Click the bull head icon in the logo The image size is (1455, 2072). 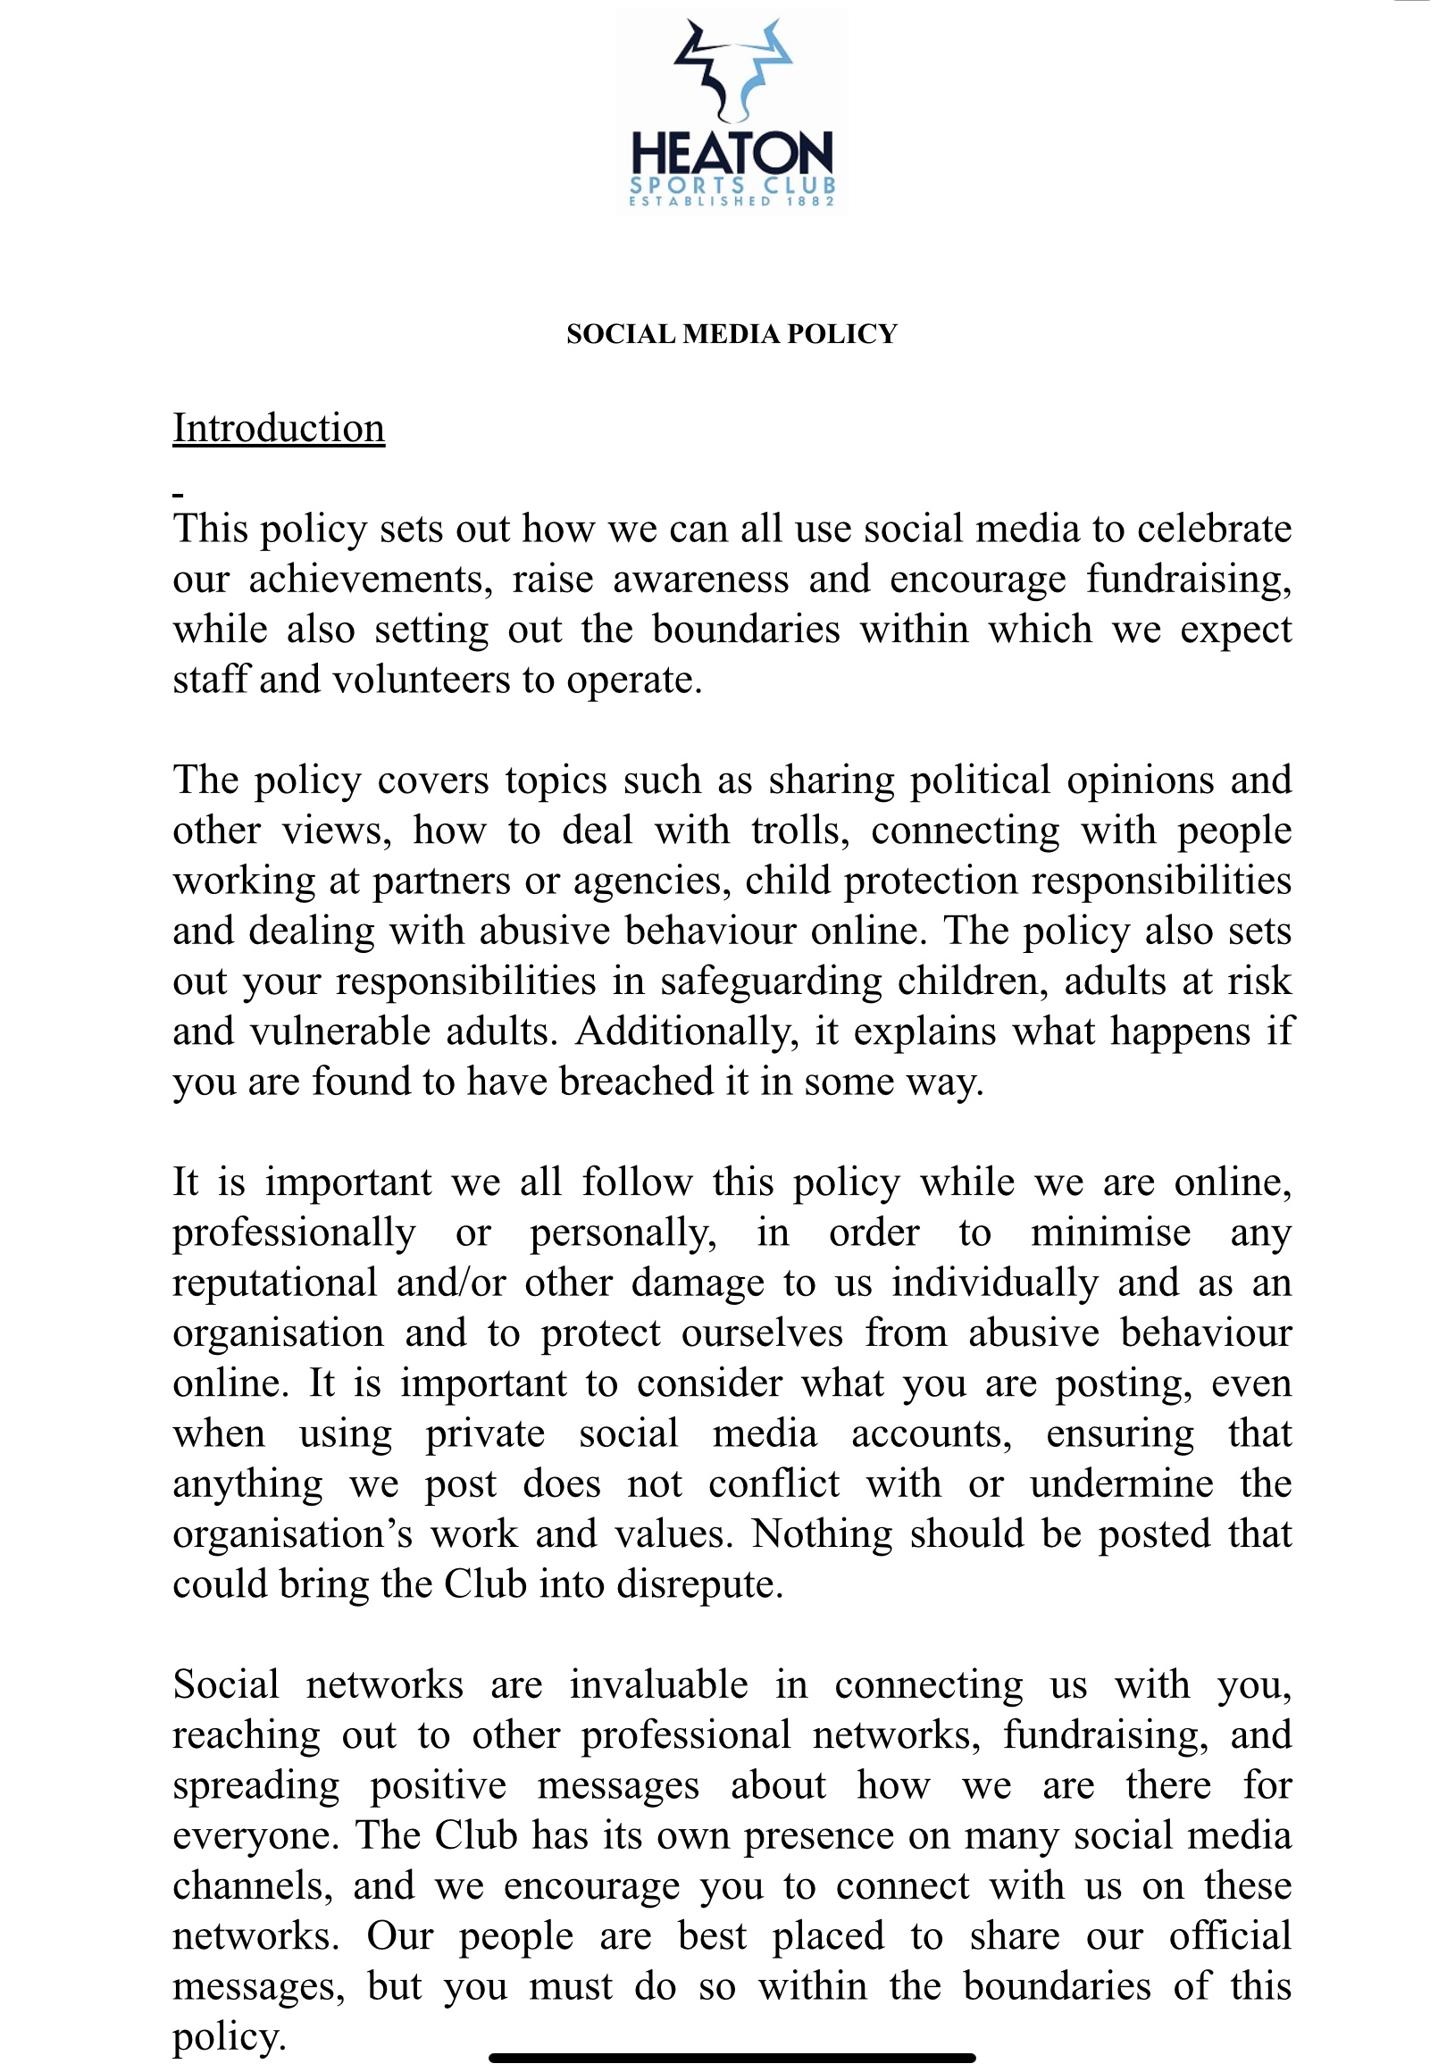(x=732, y=71)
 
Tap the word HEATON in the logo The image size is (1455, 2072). (x=732, y=154)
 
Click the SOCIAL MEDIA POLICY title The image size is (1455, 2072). (x=732, y=334)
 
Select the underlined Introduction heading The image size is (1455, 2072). (x=279, y=429)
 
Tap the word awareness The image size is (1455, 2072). (x=700, y=580)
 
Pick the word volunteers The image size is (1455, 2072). (x=422, y=681)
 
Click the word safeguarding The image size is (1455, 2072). (x=771, y=982)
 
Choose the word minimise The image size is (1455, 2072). (x=1110, y=1233)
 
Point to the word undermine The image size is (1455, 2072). (x=1122, y=1484)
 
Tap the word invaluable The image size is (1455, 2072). (x=659, y=1686)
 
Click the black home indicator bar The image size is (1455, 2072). (x=732, y=2058)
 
